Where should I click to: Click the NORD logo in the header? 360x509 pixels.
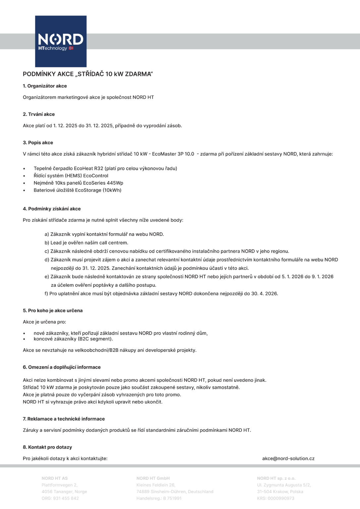click(61, 41)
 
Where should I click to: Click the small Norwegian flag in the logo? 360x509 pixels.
click(71, 48)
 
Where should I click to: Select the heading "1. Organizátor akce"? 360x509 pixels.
click(45, 86)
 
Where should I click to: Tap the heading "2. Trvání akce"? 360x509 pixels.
click(39, 114)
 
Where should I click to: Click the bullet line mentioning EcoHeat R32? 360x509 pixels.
click(105, 168)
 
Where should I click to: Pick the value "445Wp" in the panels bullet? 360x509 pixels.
click(115, 183)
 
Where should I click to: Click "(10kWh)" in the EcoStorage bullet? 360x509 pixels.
click(112, 190)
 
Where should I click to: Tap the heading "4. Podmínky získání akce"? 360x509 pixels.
click(52, 209)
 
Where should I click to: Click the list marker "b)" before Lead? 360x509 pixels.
click(47, 243)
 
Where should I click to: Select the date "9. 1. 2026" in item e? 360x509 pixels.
click(323, 277)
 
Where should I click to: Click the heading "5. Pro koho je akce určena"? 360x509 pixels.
click(53, 311)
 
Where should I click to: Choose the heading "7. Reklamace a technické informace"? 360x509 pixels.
click(64, 419)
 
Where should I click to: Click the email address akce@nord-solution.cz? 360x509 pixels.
click(288, 459)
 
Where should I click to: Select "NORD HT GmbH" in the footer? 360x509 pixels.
click(153, 478)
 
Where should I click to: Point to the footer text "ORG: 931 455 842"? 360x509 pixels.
click(60, 498)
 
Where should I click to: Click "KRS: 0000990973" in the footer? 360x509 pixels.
click(275, 498)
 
